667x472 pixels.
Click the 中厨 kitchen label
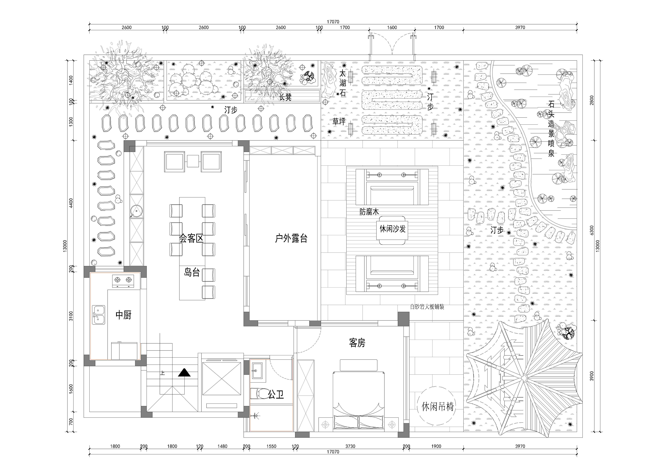pos(123,315)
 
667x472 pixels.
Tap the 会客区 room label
pos(191,239)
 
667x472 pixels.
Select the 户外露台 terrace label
pos(291,239)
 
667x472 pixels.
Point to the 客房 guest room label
pos(357,343)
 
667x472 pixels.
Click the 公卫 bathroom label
pos(276,395)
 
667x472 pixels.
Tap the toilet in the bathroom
pos(259,393)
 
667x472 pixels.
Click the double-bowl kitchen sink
pos(99,315)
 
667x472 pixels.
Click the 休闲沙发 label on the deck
pos(392,229)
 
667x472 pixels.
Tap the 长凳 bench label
pos(285,97)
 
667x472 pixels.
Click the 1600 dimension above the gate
pos(392,27)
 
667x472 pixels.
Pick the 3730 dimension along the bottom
pos(350,446)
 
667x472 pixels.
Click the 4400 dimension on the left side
pos(71,203)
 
